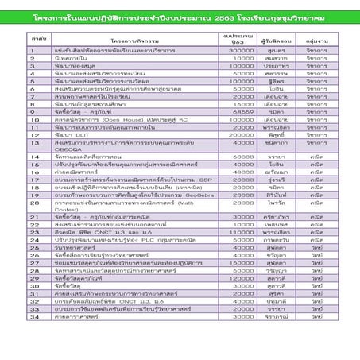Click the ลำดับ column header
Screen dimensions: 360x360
point(34,37)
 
